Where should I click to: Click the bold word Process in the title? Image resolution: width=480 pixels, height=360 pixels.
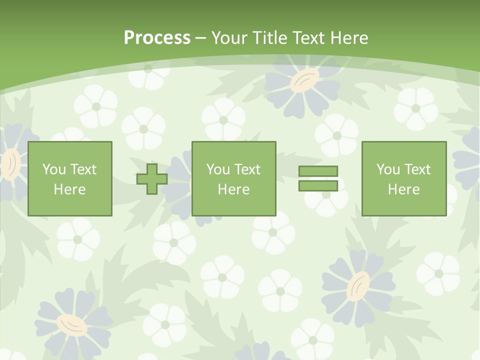point(157,37)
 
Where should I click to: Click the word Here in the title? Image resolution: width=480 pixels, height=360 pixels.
point(350,37)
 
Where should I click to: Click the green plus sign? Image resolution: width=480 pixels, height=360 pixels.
point(152,179)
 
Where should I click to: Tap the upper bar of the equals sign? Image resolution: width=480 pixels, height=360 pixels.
point(318,171)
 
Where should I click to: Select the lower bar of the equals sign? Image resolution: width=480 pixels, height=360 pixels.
point(318,185)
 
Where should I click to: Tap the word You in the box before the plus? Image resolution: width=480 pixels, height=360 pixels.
point(53,169)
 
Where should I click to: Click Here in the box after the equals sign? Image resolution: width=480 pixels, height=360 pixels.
point(403,189)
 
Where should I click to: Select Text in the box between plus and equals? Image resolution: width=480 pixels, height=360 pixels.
point(246,169)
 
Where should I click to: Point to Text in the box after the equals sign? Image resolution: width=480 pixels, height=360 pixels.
point(416,169)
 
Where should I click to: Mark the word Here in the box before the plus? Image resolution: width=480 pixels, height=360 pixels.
point(69,189)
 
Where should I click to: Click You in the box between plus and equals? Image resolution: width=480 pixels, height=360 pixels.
point(217,169)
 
